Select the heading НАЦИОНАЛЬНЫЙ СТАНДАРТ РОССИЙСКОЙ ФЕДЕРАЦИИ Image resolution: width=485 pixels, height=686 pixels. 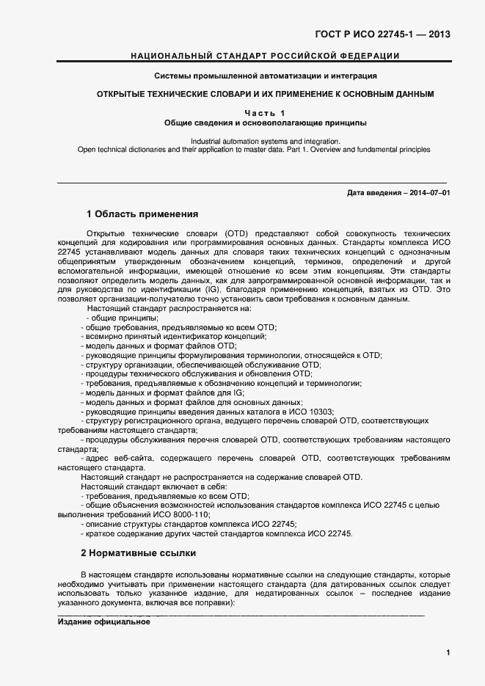click(265, 56)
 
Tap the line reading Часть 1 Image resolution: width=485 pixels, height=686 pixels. click(265, 112)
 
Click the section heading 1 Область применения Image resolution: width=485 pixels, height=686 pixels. click(142, 214)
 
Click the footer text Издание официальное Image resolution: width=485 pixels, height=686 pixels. click(103, 621)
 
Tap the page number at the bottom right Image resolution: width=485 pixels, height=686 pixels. click(448, 652)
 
